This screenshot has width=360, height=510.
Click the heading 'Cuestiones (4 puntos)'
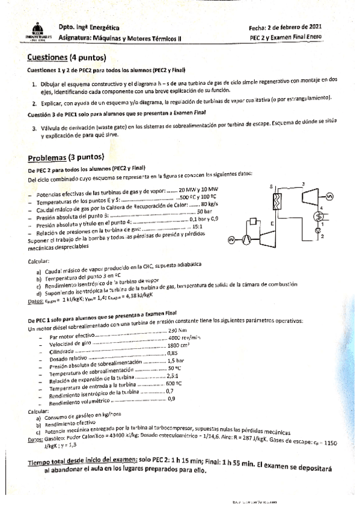click(x=66, y=58)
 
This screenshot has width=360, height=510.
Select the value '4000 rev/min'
click(x=183, y=338)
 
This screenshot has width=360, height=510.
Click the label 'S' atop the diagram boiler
click(x=271, y=186)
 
